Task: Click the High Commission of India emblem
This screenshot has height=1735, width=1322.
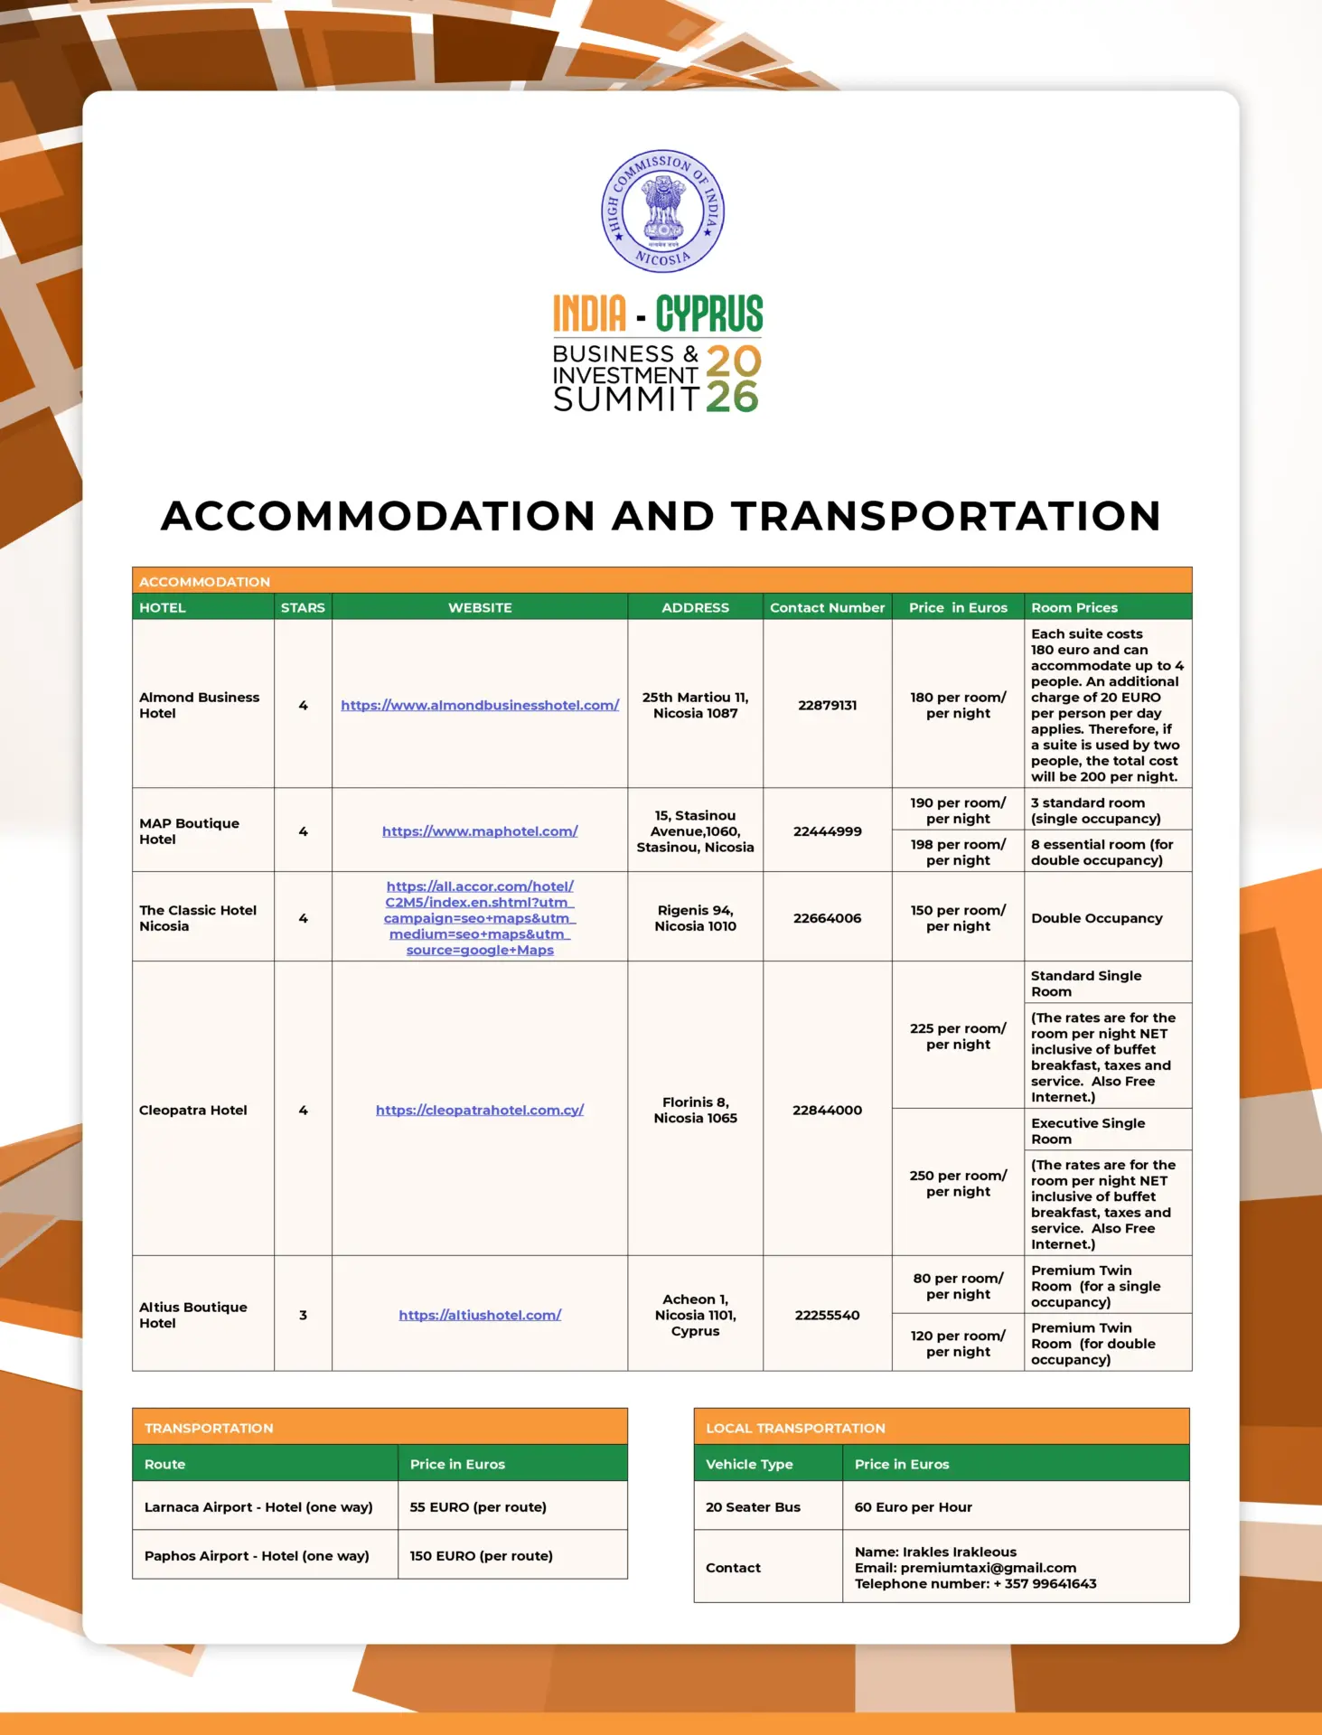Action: tap(662, 211)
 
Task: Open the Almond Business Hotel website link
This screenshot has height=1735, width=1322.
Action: tap(480, 705)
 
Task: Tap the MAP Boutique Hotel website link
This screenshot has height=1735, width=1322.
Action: tap(480, 831)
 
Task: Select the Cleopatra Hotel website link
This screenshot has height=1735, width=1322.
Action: tap(480, 1110)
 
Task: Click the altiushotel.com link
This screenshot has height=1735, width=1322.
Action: tap(480, 1315)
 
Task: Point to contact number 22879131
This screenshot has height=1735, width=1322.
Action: tap(827, 705)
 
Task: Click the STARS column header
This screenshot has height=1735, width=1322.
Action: tap(303, 607)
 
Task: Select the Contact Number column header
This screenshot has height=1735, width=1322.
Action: tap(827, 607)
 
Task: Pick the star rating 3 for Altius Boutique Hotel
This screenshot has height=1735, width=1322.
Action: tap(303, 1315)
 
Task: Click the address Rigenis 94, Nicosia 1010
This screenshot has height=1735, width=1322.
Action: tap(695, 918)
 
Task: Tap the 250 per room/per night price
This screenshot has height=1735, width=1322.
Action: tap(958, 1183)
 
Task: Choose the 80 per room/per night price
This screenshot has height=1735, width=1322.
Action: tap(958, 1286)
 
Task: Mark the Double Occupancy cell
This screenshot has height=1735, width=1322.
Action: tap(1096, 918)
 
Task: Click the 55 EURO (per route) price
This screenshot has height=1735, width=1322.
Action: tap(478, 1507)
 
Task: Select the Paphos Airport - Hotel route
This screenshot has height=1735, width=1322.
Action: tap(257, 1556)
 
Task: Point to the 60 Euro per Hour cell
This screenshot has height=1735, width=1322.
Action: tap(913, 1507)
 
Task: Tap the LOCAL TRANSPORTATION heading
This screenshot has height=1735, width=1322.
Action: tap(795, 1428)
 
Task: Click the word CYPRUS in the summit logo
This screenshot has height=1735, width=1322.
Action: tap(709, 314)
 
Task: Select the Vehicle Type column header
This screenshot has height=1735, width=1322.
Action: tap(749, 1464)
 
